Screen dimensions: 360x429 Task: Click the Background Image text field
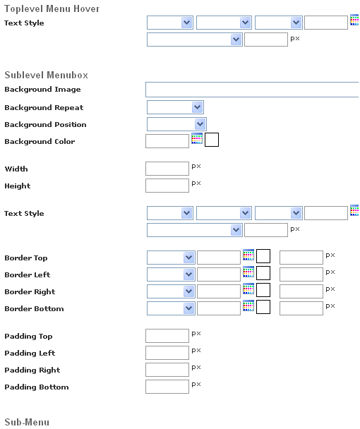point(252,90)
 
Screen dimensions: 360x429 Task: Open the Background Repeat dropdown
point(175,107)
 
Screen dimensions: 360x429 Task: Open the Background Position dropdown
point(176,124)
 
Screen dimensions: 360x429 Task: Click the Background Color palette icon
point(197,138)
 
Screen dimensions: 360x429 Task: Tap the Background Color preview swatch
point(212,140)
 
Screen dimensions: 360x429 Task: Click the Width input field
point(167,169)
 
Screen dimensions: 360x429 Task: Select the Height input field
point(167,186)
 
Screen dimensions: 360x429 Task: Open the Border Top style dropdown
point(171,258)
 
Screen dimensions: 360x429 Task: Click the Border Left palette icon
point(248,272)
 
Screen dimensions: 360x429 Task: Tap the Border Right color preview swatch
point(263,290)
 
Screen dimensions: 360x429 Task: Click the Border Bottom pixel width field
point(301,308)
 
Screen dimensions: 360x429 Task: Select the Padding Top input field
point(167,336)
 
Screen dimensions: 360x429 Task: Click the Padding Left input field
point(167,353)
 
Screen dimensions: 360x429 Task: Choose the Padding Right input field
point(167,370)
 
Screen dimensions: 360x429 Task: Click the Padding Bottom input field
point(167,387)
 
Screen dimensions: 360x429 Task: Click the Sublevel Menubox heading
point(47,75)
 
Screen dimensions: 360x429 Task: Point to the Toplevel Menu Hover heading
point(52,8)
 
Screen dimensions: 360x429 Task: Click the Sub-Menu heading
point(27,422)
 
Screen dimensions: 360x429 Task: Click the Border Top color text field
point(219,258)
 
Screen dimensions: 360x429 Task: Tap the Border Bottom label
point(34,308)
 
